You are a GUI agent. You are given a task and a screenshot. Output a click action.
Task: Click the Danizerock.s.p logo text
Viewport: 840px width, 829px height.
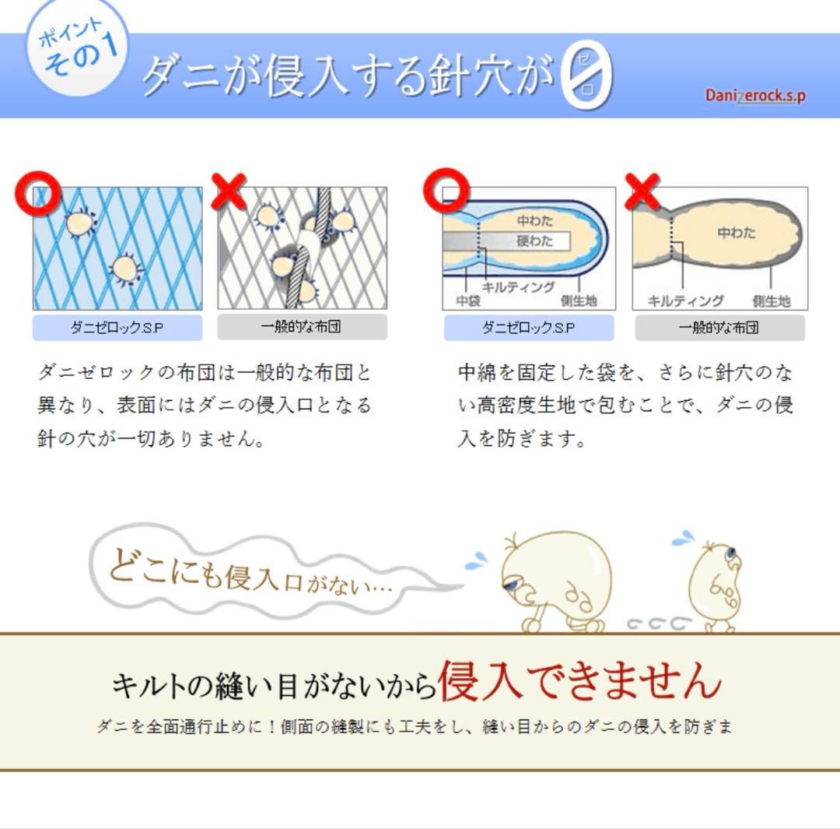[754, 96]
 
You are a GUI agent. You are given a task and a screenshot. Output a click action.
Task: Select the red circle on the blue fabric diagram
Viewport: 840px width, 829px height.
[38, 193]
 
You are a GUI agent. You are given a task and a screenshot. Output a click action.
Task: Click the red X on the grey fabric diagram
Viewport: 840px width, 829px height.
[229, 191]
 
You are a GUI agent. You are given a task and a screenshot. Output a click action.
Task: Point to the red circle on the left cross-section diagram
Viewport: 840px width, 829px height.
[446, 190]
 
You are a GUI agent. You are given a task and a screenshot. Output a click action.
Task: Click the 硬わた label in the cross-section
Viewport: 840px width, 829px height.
[535, 241]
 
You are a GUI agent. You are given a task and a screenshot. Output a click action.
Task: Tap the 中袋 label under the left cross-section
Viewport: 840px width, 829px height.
[467, 300]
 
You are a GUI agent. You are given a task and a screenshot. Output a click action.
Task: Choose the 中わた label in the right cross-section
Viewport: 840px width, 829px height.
[736, 232]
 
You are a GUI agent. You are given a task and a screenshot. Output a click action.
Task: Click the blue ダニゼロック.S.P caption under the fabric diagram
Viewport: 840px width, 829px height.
[117, 328]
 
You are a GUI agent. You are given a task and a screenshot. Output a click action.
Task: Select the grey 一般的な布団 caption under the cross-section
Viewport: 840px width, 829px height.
[719, 328]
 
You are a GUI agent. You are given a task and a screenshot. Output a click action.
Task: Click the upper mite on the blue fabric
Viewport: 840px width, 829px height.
[79, 224]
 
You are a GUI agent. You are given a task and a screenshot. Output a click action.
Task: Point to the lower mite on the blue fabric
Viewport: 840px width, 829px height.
[125, 269]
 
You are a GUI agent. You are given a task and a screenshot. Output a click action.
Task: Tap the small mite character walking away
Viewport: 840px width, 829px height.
[716, 584]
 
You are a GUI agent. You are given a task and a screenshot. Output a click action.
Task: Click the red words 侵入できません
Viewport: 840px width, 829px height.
[579, 680]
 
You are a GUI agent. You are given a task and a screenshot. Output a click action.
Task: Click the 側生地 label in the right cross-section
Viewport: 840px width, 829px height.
[771, 300]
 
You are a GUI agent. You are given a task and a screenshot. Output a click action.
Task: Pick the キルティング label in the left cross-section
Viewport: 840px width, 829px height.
[518, 286]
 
